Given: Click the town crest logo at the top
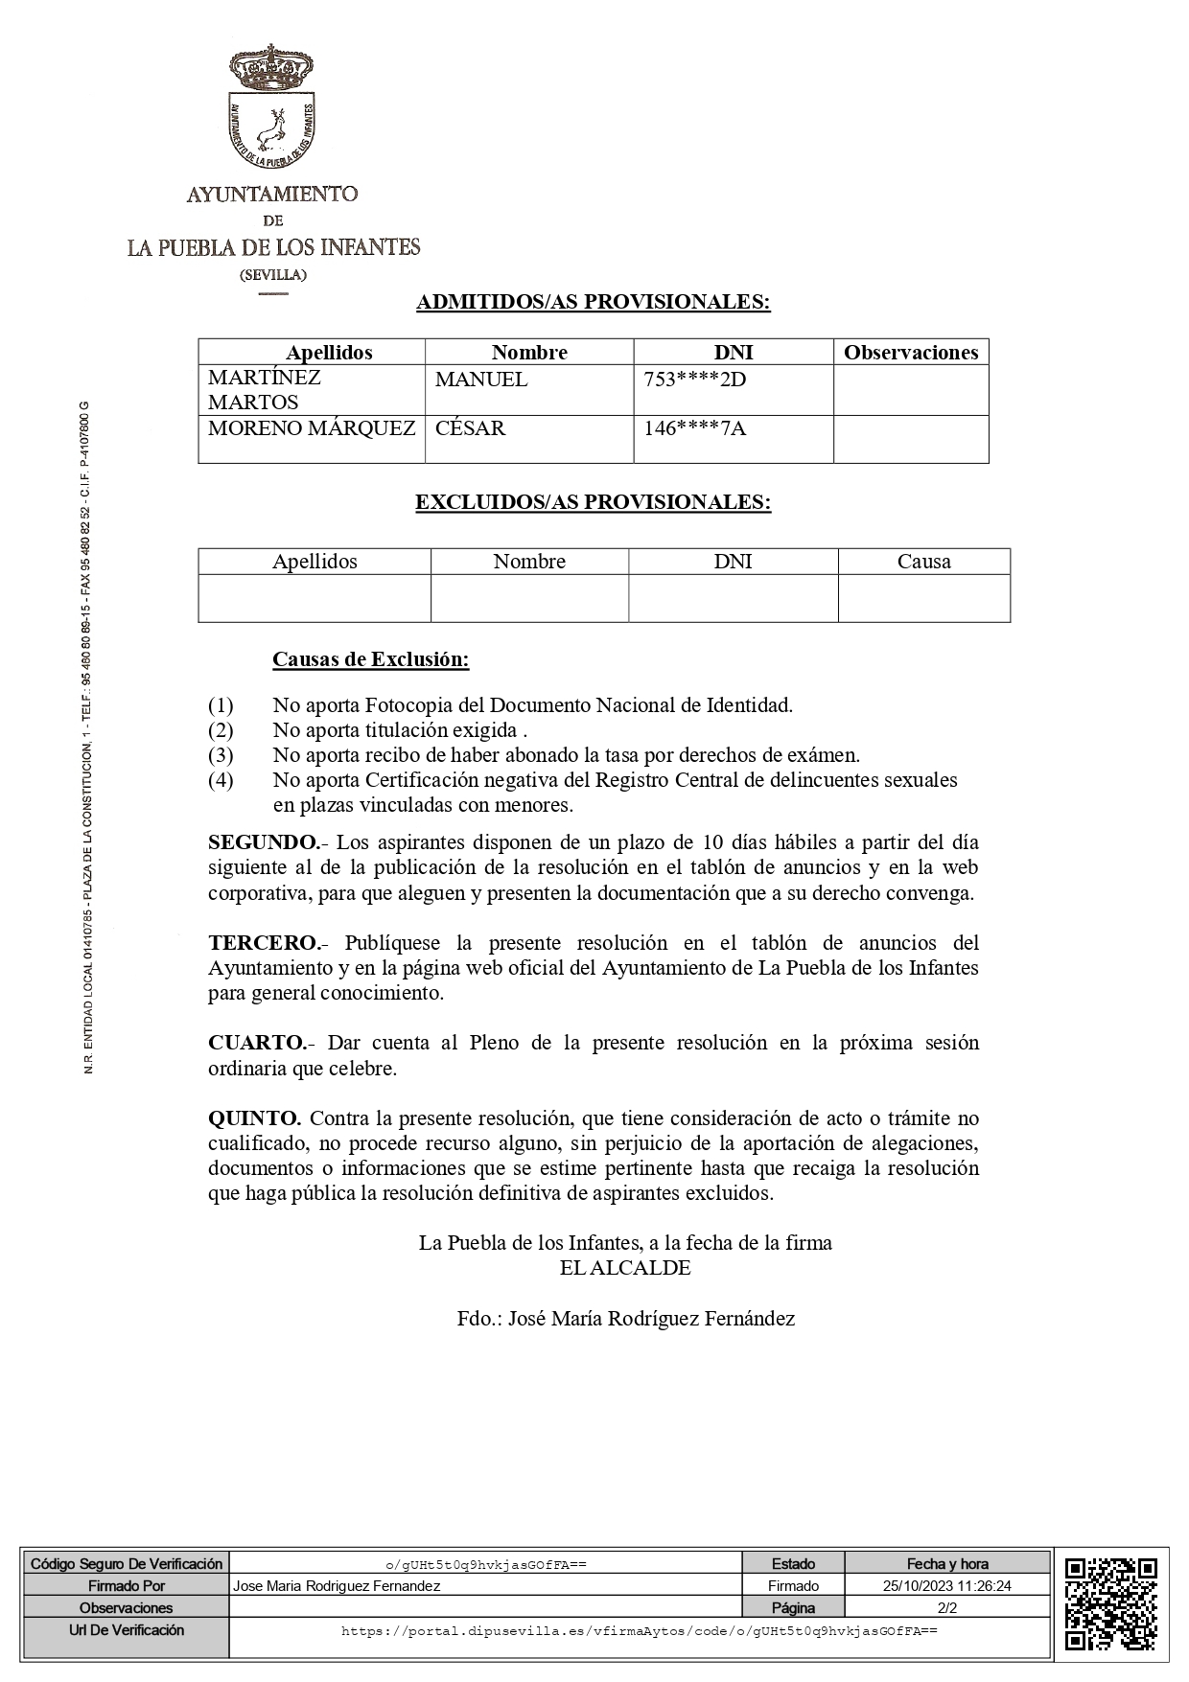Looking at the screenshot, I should click(273, 109).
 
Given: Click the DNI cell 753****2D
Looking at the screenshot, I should click(695, 380).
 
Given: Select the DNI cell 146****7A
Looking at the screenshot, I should click(694, 428).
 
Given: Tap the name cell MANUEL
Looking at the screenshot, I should click(481, 380).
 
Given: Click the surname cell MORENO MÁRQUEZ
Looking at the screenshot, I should click(312, 428).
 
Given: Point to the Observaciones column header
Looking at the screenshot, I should click(910, 353).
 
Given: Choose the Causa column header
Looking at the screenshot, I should click(923, 562).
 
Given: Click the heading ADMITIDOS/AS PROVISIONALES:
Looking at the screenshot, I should click(594, 302).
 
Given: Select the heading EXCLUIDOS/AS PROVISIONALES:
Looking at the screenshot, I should click(593, 502).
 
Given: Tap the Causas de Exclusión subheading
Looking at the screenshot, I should click(371, 659).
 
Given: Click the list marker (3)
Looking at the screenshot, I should click(221, 755).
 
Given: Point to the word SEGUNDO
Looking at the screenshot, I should click(263, 842).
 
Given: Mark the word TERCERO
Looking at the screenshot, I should click(263, 942).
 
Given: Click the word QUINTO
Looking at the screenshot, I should click(255, 1118).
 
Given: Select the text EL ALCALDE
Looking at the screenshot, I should click(625, 1268).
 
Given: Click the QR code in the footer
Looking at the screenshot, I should click(1110, 1604).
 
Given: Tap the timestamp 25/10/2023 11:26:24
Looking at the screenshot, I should click(947, 1586).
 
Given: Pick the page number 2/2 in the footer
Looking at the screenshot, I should click(947, 1607).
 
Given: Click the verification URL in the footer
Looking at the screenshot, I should click(639, 1630).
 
